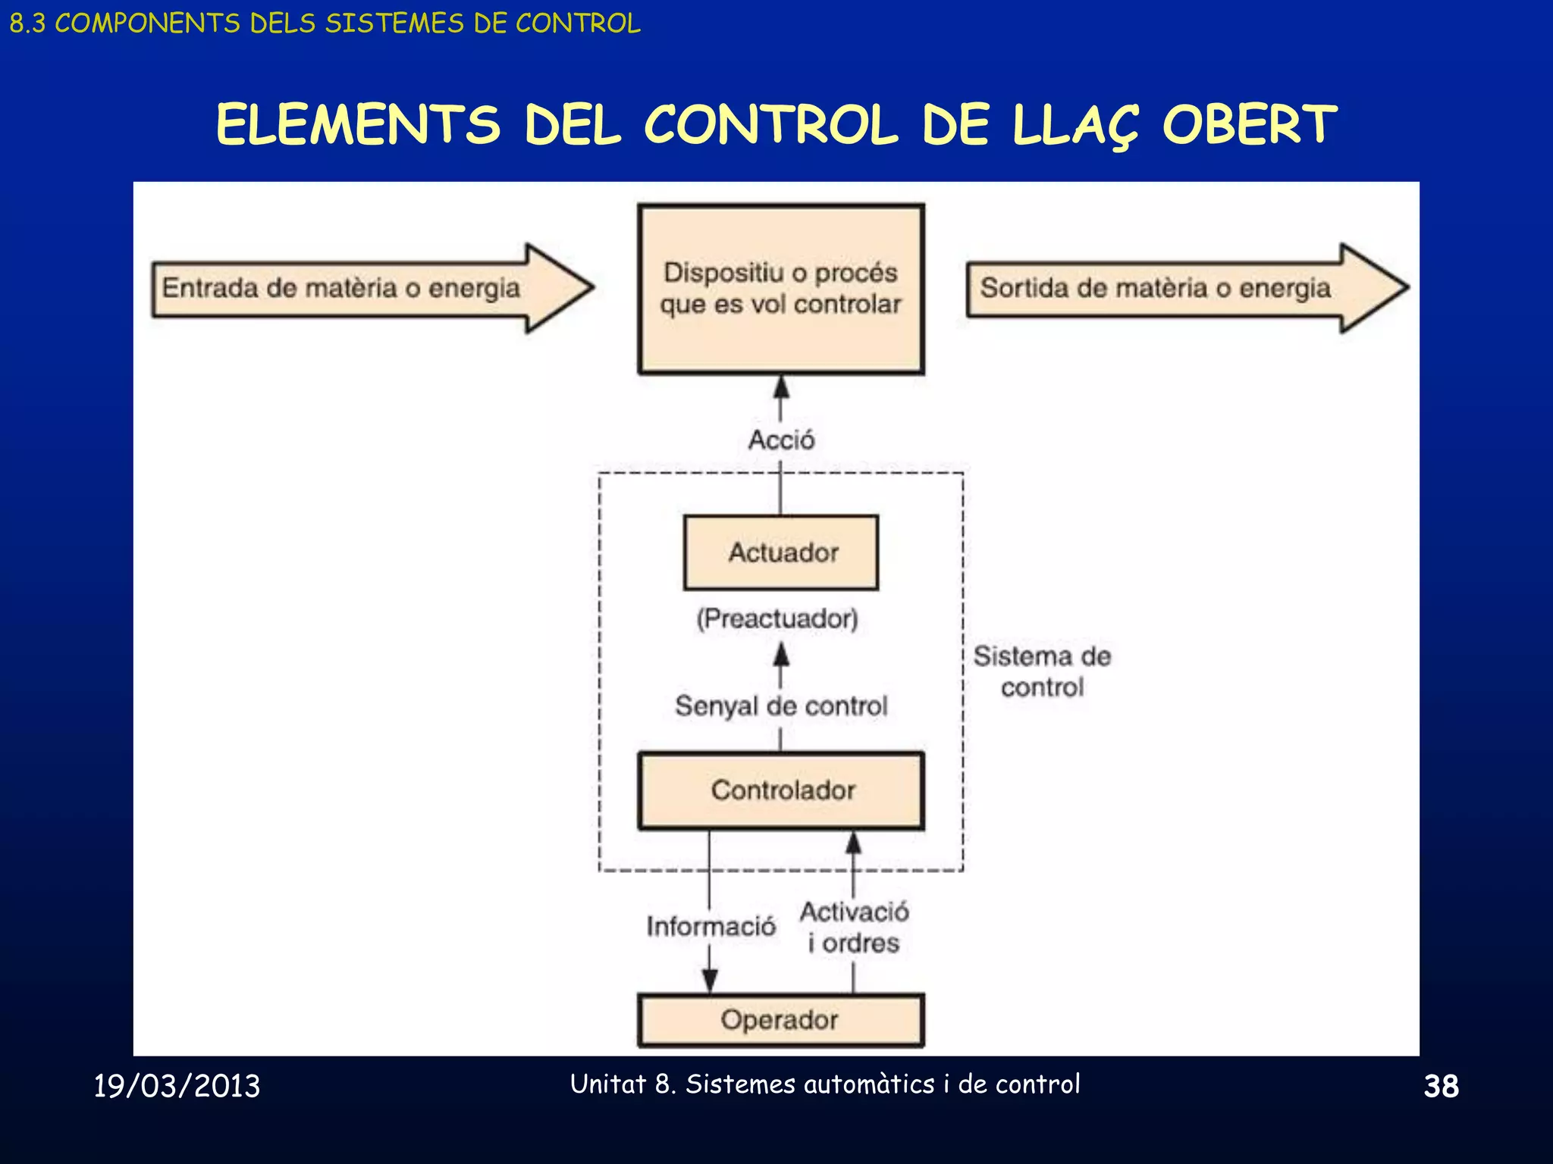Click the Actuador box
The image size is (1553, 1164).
781,552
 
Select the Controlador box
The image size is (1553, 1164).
781,790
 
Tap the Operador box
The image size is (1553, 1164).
781,1020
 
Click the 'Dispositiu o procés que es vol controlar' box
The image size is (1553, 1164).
781,289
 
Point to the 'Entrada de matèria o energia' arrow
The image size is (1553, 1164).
372,288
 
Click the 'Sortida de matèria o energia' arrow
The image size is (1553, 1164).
1187,288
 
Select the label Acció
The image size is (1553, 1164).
781,440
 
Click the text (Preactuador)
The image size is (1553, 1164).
777,618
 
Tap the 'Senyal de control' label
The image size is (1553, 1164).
781,706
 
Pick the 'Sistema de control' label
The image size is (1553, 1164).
1042,671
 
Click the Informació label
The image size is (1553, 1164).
711,926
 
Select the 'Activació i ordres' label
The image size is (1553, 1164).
854,928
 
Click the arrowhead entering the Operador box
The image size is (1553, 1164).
710,981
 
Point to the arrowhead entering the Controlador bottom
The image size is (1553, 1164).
853,843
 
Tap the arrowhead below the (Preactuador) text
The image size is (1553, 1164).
781,656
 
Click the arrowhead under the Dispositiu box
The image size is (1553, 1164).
781,387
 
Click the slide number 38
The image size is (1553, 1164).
1441,1086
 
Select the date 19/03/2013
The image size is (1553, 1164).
177,1086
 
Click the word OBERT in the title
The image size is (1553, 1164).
1250,125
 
